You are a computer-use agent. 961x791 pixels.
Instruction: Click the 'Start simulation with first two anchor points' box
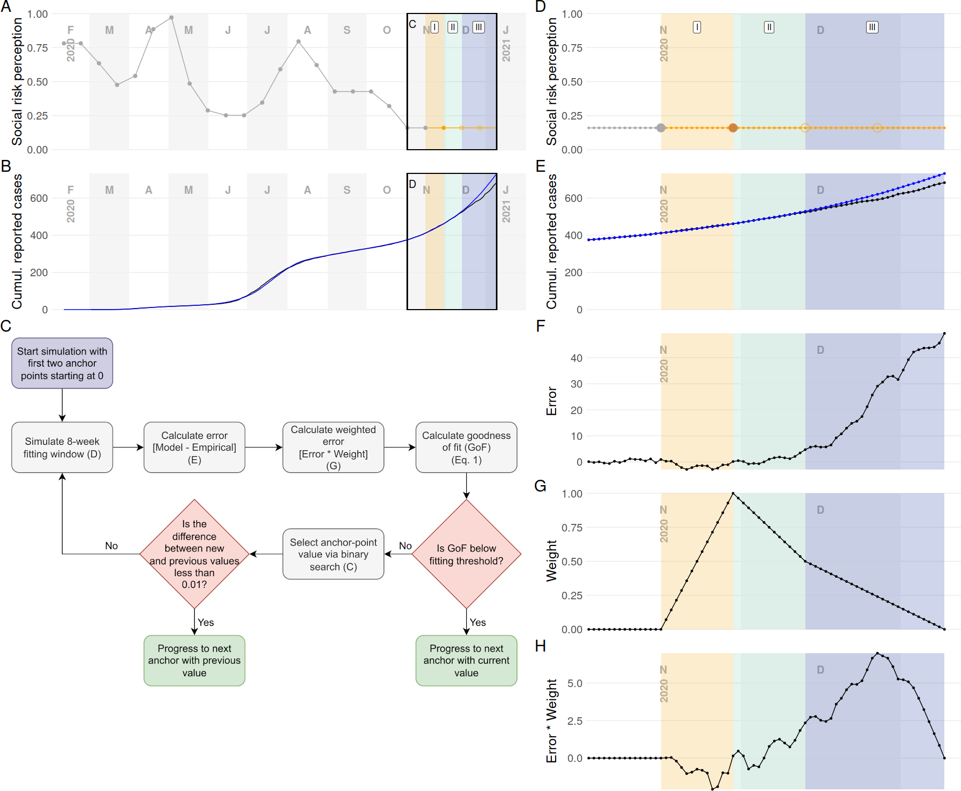(x=62, y=363)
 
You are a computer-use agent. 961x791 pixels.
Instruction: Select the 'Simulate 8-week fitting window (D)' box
(x=62, y=447)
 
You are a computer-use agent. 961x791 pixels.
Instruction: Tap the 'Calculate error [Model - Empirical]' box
(x=194, y=447)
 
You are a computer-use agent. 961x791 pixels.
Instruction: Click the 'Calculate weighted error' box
(x=333, y=447)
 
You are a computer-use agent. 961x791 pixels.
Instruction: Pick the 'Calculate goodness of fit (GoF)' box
(x=466, y=447)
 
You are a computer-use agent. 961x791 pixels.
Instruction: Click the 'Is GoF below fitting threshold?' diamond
(x=466, y=554)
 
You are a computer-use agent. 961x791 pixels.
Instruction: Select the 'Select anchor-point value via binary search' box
(x=333, y=554)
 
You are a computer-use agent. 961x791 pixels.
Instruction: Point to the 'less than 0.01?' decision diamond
(x=194, y=554)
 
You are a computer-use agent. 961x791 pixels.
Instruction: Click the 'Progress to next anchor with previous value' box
(x=194, y=661)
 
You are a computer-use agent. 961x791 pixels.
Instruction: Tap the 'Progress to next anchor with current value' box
(x=466, y=661)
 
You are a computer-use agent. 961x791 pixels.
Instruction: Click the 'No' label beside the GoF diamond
(x=405, y=546)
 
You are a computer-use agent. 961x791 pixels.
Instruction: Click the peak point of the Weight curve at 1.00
(x=733, y=494)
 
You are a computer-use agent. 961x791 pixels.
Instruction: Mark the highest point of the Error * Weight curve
(x=877, y=654)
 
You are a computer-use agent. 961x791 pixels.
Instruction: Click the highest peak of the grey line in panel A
(x=171, y=18)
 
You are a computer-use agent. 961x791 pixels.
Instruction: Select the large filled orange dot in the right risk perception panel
(x=733, y=128)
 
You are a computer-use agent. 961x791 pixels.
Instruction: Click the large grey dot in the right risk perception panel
(x=661, y=128)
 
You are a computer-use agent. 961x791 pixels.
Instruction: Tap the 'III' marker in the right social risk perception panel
(x=872, y=27)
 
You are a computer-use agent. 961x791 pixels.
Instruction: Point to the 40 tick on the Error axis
(x=576, y=358)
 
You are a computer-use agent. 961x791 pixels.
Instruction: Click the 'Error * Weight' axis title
(x=552, y=721)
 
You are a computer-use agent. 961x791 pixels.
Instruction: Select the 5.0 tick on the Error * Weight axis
(x=575, y=683)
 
